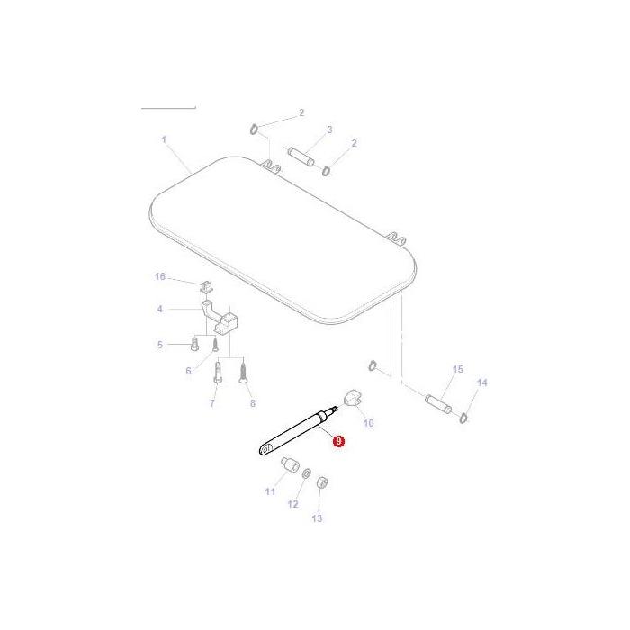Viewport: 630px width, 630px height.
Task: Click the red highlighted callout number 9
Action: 338,441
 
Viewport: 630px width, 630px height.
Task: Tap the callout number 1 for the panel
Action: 165,139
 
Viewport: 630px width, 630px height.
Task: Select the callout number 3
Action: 329,130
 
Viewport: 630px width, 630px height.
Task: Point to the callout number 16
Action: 160,276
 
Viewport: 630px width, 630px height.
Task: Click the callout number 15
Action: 456,370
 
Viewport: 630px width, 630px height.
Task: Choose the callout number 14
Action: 481,382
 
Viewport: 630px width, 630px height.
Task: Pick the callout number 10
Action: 368,422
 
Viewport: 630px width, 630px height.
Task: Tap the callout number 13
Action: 317,518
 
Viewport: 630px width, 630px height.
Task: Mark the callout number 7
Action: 212,403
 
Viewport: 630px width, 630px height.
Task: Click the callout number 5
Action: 161,344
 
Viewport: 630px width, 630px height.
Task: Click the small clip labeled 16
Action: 203,287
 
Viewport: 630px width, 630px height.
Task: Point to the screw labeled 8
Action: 243,373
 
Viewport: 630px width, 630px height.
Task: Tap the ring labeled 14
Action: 463,418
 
